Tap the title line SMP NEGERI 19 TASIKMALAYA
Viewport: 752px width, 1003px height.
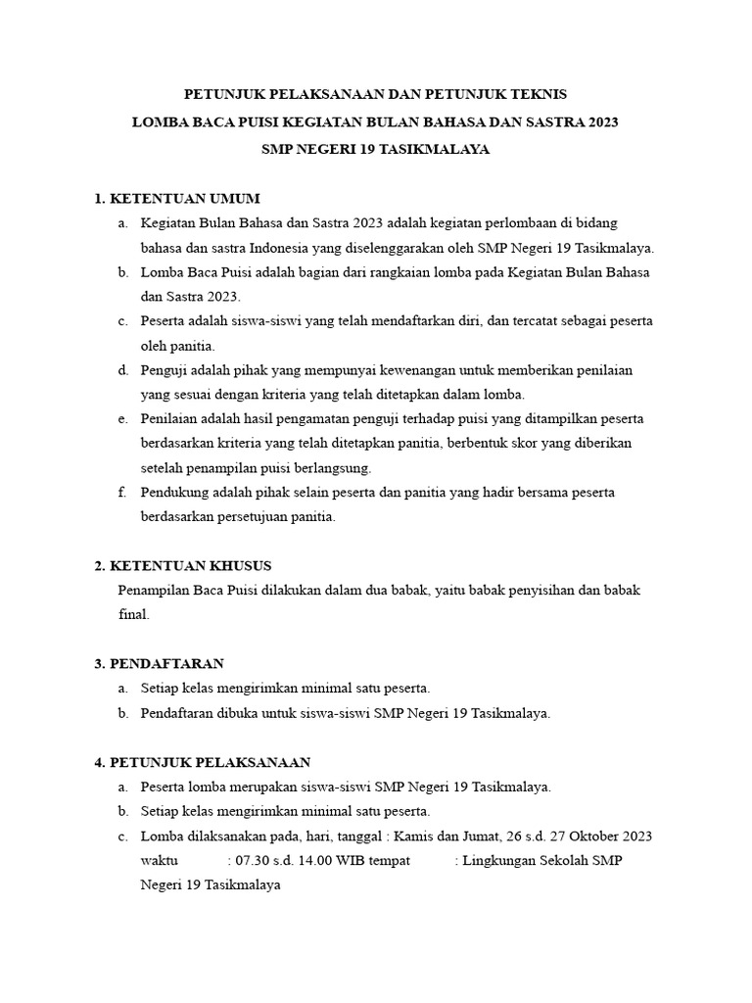pos(375,150)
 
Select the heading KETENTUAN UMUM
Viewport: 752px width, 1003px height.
pos(184,199)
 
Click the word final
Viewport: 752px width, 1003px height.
pos(132,615)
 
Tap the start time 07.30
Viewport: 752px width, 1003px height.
pos(249,860)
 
